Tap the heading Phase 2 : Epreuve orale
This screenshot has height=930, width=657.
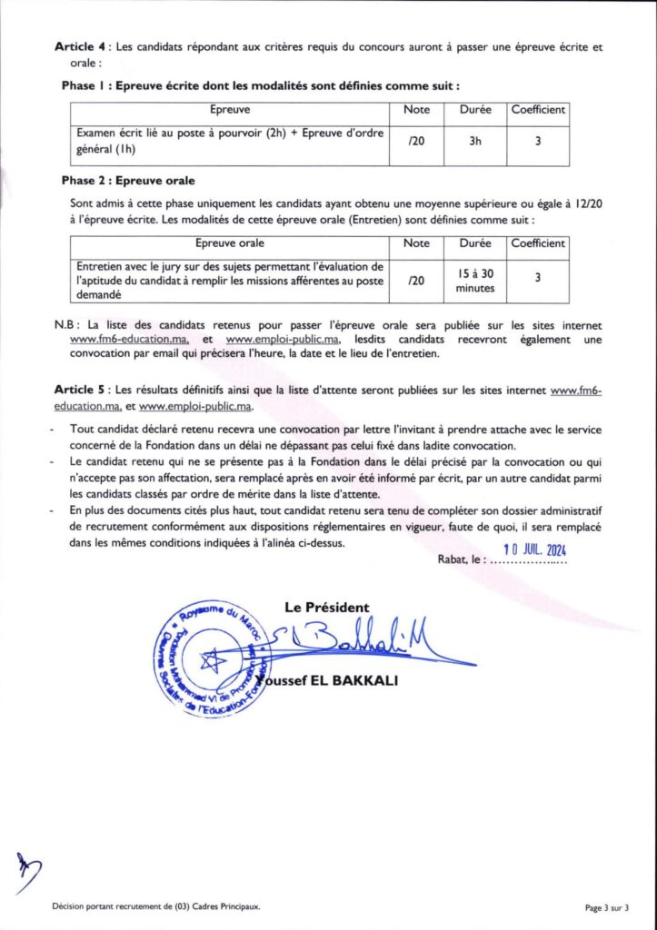pyautogui.click(x=128, y=180)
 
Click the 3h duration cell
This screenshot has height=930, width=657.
pyautogui.click(x=475, y=141)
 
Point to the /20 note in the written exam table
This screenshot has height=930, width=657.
pyautogui.click(x=416, y=141)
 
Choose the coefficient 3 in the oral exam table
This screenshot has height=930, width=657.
pyautogui.click(x=538, y=280)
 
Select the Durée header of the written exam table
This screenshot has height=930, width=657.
pyautogui.click(x=475, y=110)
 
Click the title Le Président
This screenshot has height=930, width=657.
pyautogui.click(x=326, y=607)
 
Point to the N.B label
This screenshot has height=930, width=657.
pyautogui.click(x=67, y=324)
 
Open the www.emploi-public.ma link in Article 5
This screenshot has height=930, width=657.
pyautogui.click(x=194, y=406)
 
